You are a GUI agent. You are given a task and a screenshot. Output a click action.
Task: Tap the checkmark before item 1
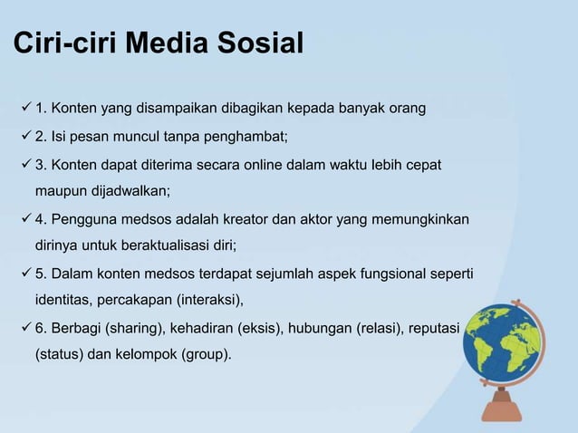click(x=24, y=111)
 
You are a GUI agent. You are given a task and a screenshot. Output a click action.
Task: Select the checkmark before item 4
click(x=24, y=220)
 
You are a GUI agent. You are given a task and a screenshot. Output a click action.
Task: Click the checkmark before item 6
click(x=24, y=327)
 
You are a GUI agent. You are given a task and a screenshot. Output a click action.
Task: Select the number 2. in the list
click(x=42, y=139)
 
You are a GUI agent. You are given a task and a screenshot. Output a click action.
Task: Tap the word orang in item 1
click(x=407, y=111)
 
